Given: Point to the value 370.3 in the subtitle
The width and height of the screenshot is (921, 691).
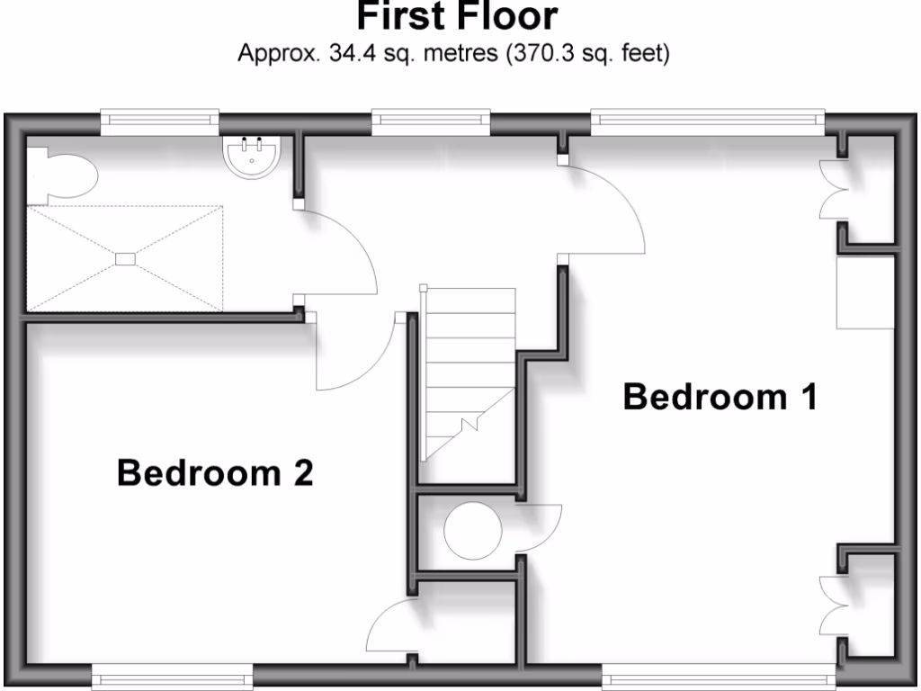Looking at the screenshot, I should [541, 54].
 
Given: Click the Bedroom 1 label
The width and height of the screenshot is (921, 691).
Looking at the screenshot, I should [720, 396].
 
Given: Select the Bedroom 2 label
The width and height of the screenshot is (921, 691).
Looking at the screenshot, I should [215, 472].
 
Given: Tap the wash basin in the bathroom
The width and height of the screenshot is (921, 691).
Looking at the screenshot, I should [253, 154].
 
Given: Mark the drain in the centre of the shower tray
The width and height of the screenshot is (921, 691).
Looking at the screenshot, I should [124, 259].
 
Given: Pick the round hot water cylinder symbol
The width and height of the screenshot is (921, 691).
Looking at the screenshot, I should [473, 531].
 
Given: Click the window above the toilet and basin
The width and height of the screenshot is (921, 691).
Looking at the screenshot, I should [159, 122].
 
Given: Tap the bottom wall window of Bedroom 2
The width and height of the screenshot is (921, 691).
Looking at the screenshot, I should [172, 678].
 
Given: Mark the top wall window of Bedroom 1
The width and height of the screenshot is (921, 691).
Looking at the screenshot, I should [707, 122].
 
